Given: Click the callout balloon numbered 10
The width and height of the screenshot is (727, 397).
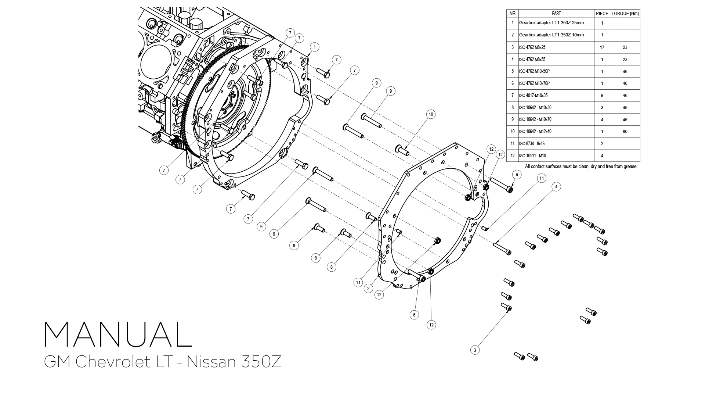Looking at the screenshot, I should pos(431,114).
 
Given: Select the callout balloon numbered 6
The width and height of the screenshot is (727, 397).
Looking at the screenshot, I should pos(517,175).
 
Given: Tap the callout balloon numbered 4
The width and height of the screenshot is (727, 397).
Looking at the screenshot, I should pos(556,187).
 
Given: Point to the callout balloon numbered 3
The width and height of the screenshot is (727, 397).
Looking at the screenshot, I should pos(475,350).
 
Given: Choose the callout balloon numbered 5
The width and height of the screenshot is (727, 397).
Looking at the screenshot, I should pos(414,315).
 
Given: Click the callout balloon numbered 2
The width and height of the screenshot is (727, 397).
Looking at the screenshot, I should pos(369,289).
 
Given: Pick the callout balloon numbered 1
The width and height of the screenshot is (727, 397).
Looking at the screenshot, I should pos(314,47).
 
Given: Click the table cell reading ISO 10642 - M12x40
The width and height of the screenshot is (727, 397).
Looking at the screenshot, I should pos(535,132).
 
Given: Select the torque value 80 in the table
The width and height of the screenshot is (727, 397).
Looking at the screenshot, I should pos(625,132).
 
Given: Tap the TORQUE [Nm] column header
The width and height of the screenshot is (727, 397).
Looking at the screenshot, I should pos(625,14).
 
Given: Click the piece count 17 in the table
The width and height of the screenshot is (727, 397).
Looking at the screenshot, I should pos(602,47).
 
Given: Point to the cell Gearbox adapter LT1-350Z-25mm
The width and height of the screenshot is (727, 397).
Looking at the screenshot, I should pos(551,23).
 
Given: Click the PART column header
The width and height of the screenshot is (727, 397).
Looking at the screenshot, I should pos(556,14).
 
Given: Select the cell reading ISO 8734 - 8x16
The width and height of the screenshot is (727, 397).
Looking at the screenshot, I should pos(532,144).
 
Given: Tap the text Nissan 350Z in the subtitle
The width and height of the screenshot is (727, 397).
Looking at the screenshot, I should pos(234,362).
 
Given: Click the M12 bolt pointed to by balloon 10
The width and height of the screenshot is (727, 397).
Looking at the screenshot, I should pos(402,150).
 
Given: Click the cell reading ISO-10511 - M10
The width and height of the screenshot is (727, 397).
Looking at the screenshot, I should pos(532,156).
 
